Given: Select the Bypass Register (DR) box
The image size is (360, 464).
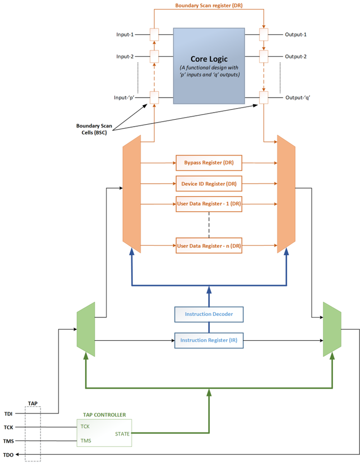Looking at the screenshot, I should (208, 163).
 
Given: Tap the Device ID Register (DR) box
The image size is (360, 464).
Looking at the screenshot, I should (208, 184).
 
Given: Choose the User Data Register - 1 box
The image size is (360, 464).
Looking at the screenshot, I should (208, 204).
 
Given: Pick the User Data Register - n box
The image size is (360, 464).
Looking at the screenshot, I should (208, 245).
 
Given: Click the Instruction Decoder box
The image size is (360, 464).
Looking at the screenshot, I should (208, 314).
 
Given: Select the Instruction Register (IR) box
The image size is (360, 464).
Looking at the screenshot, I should (208, 340).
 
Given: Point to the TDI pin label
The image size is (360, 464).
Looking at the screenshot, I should (8, 413).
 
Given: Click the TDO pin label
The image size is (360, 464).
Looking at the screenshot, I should (8, 455).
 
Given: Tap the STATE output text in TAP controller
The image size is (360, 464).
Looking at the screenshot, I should (122, 434).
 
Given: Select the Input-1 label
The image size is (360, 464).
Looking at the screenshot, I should (124, 35).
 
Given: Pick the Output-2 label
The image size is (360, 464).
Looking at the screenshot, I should (295, 57).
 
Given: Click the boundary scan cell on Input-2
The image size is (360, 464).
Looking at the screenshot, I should (154, 57).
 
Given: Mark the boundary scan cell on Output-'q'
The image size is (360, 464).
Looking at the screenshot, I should (263, 97).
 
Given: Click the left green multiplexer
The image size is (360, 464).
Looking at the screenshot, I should (85, 326).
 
